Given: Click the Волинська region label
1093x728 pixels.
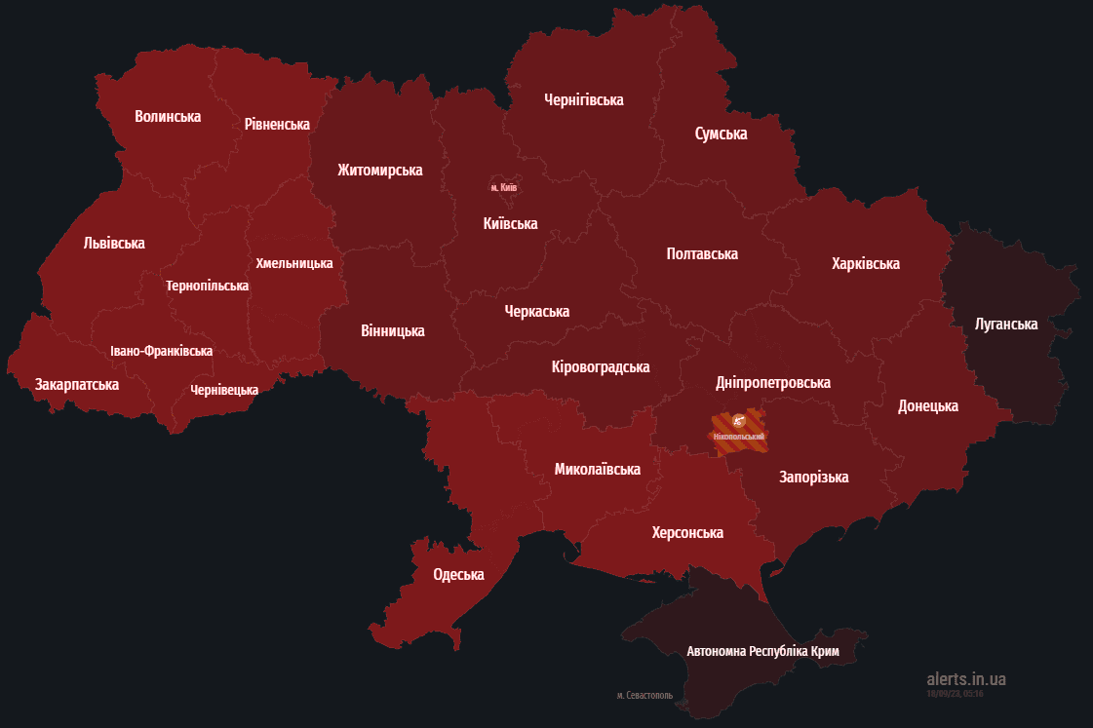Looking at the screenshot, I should pos(168,117).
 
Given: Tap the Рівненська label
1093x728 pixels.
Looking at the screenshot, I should pos(277,125).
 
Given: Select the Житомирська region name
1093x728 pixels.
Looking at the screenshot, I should pos(379,171).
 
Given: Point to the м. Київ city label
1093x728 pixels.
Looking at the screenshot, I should pos(504,186).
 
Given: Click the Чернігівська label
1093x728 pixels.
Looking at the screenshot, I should pos(583,100).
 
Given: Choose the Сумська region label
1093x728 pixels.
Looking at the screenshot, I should pos(721,134).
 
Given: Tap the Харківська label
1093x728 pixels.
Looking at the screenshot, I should pos(865,264).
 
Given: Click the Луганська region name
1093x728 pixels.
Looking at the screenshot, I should pos(1006,325).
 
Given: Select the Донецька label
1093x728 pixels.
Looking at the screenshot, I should pos(927,406).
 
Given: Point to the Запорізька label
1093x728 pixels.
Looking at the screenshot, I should pos(813,478).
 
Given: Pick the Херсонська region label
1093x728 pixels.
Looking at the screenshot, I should pos(687,533).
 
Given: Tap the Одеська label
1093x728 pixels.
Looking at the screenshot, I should pos(458,575).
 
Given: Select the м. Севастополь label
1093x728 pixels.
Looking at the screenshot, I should pos(644,696).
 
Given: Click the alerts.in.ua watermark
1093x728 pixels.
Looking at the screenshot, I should pos(965,679).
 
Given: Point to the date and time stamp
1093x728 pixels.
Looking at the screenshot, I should pos(955,694).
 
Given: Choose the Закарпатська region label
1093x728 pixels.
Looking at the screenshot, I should pos(77,385).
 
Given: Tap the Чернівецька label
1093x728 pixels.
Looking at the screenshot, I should pos(224,390).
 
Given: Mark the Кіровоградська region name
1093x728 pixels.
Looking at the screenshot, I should pos(600,367).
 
